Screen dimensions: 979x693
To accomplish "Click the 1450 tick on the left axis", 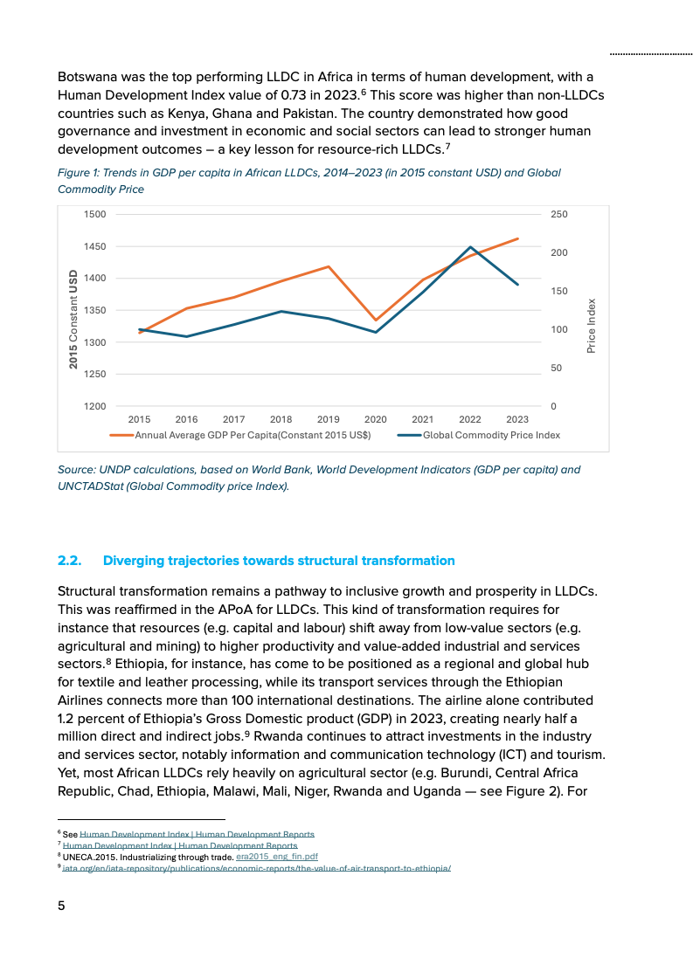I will (94, 246).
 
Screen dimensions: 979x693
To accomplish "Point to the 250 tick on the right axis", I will (560, 214).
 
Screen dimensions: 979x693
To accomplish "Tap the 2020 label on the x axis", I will (375, 419).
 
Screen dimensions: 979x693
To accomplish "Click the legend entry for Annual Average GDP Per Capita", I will (252, 435).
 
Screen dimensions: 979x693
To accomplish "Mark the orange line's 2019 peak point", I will (329, 266).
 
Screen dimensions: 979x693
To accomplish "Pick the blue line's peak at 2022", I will (470, 247).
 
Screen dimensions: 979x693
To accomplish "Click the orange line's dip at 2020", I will (376, 321).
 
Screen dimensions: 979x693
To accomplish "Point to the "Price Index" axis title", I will (592, 326).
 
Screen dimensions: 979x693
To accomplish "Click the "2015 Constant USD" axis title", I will (74, 318).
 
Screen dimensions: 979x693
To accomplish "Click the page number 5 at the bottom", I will (61, 906).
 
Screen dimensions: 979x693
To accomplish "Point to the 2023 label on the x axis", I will (516, 419).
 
